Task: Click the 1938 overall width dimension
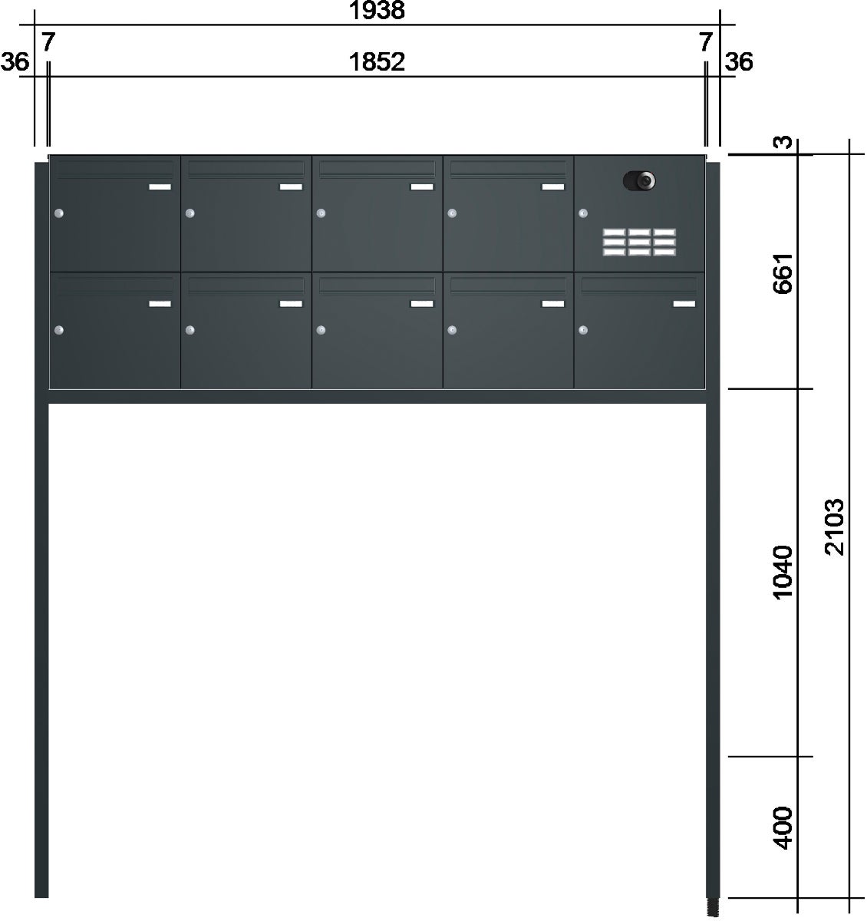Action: point(377,10)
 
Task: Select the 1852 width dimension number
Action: point(377,61)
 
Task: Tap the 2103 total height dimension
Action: point(835,527)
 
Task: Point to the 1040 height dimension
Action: point(783,573)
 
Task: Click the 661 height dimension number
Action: point(783,272)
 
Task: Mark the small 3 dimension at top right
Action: point(783,142)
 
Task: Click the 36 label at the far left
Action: point(15,61)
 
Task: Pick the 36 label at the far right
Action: point(739,61)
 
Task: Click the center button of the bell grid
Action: point(639,242)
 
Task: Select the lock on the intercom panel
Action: point(583,213)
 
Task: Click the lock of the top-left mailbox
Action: point(59,213)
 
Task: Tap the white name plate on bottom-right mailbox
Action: point(684,304)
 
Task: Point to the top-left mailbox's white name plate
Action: point(160,187)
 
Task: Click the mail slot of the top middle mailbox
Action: point(377,170)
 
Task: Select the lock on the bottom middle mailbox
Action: point(321,330)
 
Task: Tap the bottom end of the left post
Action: point(41,896)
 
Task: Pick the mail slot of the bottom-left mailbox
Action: point(115,286)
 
